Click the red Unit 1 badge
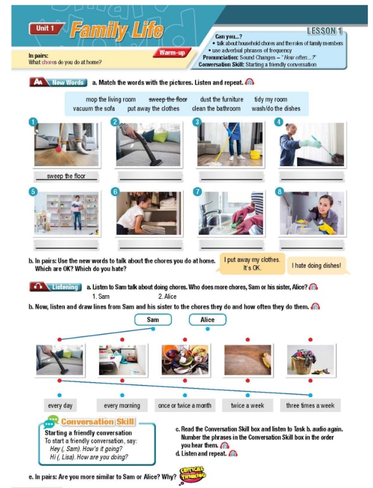tap(46, 28)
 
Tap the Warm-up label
tap(172, 53)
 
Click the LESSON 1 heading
tap(324, 31)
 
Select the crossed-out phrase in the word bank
tap(168, 100)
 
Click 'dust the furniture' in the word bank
tap(222, 100)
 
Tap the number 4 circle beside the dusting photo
tap(279, 122)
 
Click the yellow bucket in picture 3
tap(255, 155)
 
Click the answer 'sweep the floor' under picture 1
tap(66, 176)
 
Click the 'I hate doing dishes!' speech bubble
tap(317, 266)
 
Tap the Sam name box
tap(153, 320)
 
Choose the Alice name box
tap(207, 320)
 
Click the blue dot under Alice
tap(208, 329)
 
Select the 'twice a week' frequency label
tap(247, 406)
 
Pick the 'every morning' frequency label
tap(122, 406)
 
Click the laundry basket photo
tap(310, 360)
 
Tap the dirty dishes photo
tap(185, 360)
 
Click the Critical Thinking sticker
tap(193, 474)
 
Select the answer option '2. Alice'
tap(167, 296)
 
